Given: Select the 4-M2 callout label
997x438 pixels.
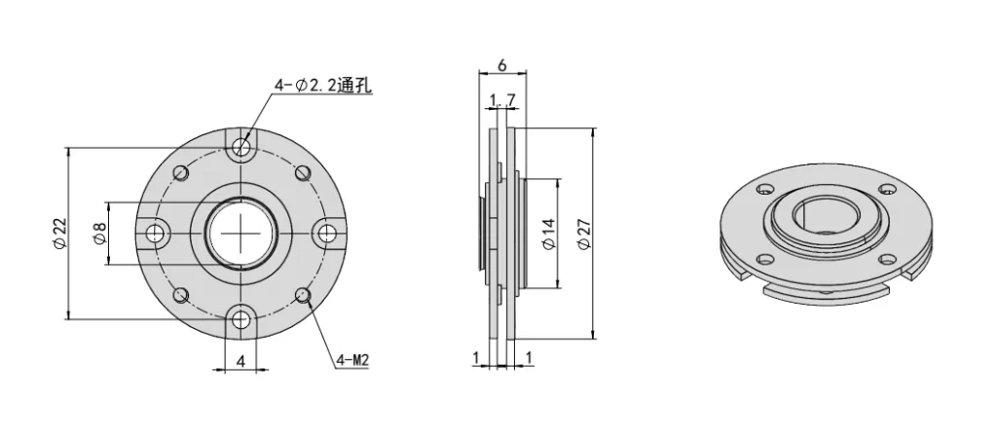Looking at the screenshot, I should [351, 360].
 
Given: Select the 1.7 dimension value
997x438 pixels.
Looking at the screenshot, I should [503, 99].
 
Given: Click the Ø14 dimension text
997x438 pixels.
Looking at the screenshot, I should [547, 233].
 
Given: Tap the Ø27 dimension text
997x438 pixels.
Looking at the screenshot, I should [584, 233].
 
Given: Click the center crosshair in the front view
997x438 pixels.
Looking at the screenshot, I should [242, 233].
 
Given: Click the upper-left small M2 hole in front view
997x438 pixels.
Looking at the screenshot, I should [181, 173].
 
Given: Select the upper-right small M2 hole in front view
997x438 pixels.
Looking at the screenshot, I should [303, 173].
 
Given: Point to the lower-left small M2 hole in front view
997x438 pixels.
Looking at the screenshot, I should [181, 293].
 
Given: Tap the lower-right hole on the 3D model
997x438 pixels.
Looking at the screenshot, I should [889, 257].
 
